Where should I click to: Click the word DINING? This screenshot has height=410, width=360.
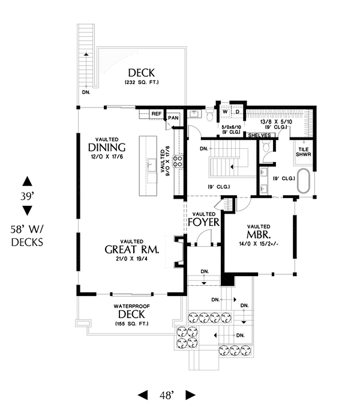[x=106, y=148]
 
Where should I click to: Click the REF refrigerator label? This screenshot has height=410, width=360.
[x=156, y=113]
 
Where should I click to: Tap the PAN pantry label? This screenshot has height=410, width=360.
[x=173, y=118]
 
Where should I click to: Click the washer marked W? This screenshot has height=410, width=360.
[x=224, y=112]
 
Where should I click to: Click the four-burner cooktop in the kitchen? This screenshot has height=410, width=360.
[x=178, y=161]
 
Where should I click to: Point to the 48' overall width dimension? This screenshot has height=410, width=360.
[x=166, y=395]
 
